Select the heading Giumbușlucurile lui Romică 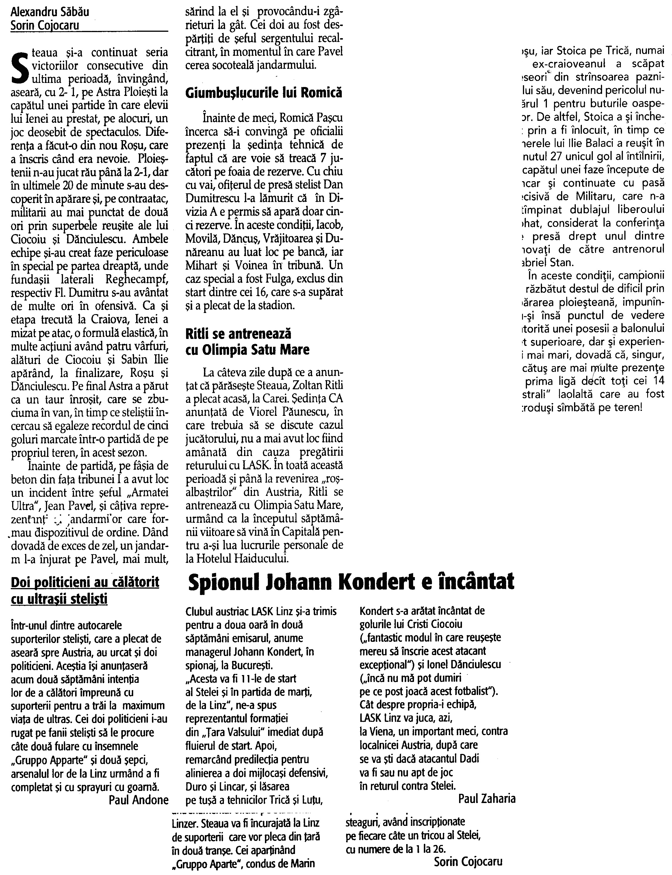(264, 93)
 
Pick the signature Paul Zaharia (487, 799)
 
